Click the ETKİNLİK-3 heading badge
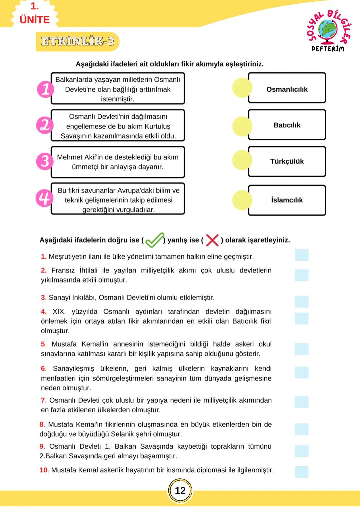78,41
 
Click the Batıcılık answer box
287,125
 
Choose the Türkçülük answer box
287,161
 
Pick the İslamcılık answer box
287,200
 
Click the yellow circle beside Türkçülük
242,160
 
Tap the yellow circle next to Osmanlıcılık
242,88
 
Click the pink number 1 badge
45,89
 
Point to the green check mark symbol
155,240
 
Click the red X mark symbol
212,240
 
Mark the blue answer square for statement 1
301,255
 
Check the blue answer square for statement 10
301,472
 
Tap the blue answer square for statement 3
301,302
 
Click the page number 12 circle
180,490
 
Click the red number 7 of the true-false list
43,400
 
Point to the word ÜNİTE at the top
35,20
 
